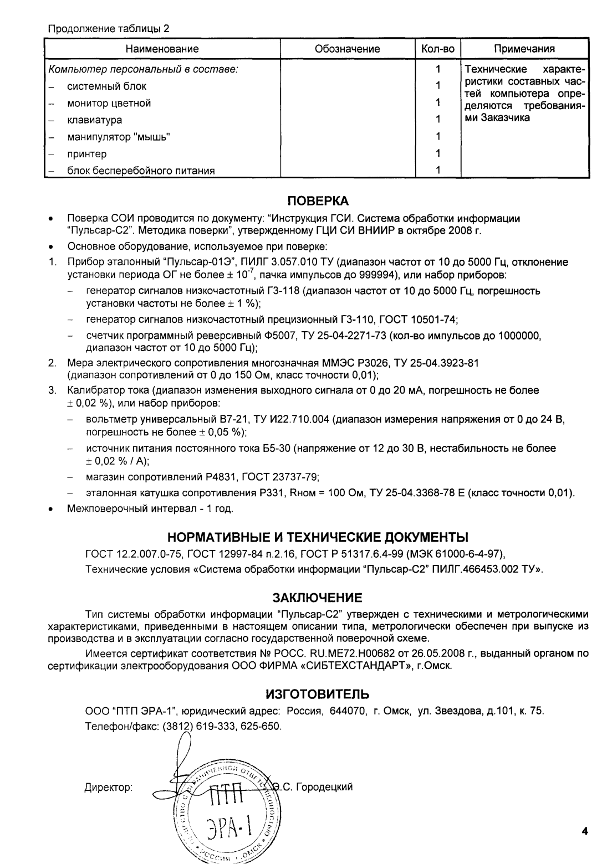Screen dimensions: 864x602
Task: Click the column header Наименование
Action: (162, 49)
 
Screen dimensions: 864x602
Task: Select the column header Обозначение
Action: (347, 49)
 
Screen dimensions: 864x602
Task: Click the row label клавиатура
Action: (95, 120)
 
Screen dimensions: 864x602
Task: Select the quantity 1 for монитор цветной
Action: (437, 103)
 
